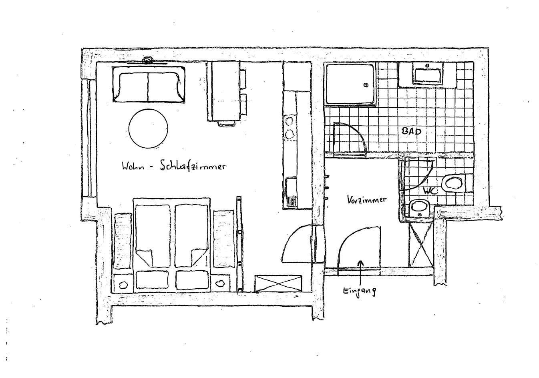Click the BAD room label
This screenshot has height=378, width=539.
[412, 131]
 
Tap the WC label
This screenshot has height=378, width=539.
[430, 191]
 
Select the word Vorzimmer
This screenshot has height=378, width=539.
[367, 200]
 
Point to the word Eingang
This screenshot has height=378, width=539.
[359, 292]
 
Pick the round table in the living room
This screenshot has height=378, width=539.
[148, 129]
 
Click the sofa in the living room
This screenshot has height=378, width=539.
[149, 84]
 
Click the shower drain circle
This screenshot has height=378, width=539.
[366, 85]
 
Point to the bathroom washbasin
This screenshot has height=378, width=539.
[428, 76]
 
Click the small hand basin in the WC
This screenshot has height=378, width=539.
[419, 207]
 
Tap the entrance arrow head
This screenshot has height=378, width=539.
[360, 263]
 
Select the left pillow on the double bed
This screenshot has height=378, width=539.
[152, 280]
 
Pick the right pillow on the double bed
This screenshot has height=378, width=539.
[192, 280]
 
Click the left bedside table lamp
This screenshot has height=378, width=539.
[123, 284]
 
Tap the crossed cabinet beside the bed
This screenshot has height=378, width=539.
[278, 284]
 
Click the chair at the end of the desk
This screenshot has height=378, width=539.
[226, 123]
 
